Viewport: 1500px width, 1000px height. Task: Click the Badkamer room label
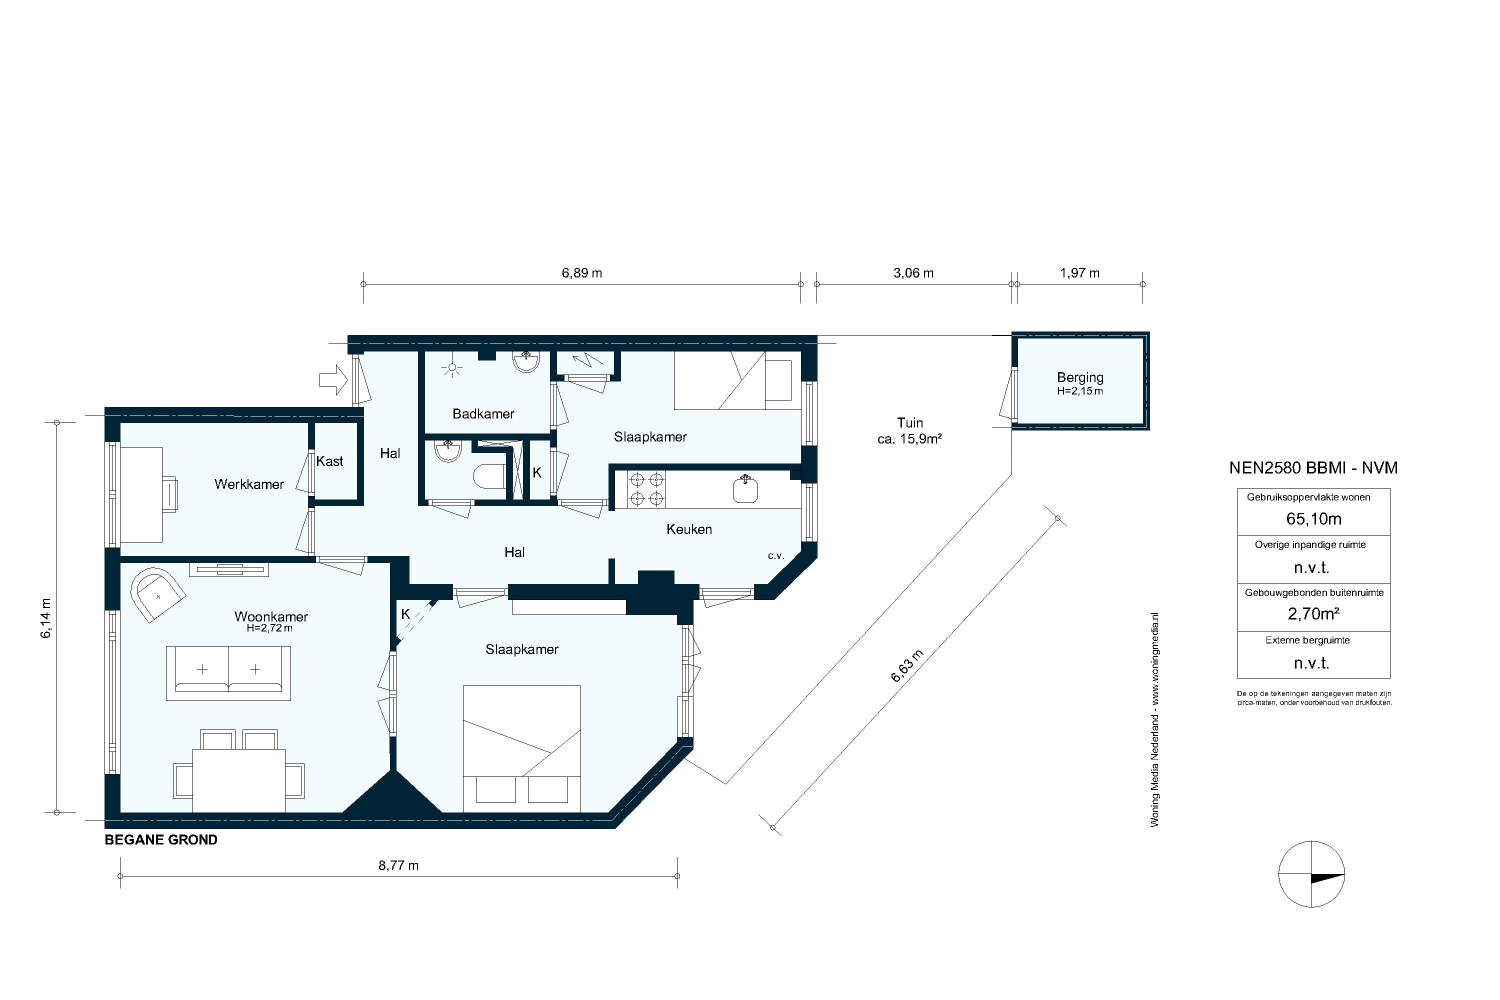click(x=483, y=414)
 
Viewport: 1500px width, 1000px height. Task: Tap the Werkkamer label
click(x=248, y=484)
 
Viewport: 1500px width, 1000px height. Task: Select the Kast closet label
click(x=329, y=461)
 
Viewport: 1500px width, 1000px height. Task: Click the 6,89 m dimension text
click(x=581, y=273)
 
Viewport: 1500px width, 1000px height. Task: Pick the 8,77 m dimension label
click(x=398, y=865)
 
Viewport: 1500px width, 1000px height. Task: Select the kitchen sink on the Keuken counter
click(x=745, y=489)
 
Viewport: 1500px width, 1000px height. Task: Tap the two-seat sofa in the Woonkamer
click(x=228, y=673)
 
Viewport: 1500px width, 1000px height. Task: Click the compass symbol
click(x=1311, y=873)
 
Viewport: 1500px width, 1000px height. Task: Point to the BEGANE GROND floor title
click(x=160, y=840)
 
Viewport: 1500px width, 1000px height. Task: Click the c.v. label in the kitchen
click(x=775, y=556)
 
